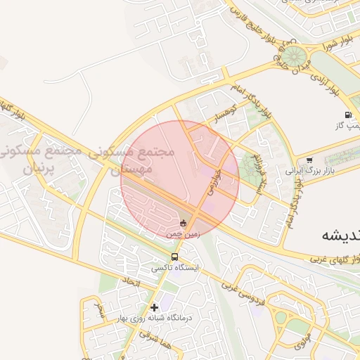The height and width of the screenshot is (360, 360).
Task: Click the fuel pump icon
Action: pyautogui.click(x=347, y=115)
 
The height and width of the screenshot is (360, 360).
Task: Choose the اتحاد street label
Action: pyautogui.click(x=132, y=283)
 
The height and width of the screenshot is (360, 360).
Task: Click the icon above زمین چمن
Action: pyautogui.click(x=184, y=223)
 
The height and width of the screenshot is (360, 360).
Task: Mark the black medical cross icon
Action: pyautogui.click(x=155, y=307)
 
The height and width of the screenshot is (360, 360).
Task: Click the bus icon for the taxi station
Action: pyautogui.click(x=174, y=257)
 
